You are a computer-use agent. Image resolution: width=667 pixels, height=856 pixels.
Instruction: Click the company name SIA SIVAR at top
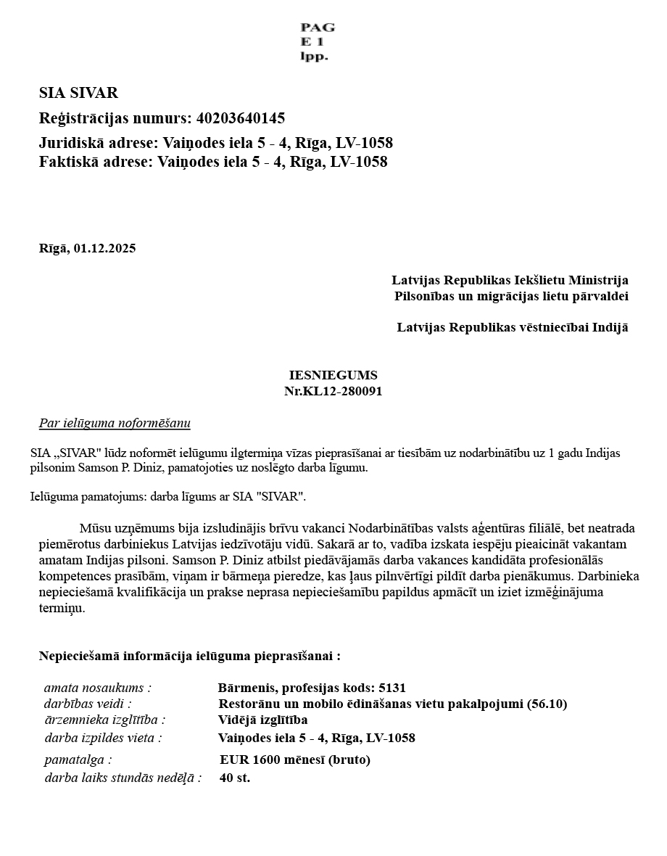pyautogui.click(x=78, y=93)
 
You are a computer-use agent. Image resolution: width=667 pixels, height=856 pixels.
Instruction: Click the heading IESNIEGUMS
pyautogui.click(x=333, y=376)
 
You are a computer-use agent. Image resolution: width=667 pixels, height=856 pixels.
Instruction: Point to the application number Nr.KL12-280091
pyautogui.click(x=333, y=392)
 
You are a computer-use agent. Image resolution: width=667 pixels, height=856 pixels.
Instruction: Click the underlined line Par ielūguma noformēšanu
pyautogui.click(x=115, y=423)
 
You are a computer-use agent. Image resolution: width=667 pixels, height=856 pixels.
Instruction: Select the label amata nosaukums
pyautogui.click(x=98, y=688)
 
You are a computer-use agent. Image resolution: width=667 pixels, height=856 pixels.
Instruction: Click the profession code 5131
pyautogui.click(x=392, y=688)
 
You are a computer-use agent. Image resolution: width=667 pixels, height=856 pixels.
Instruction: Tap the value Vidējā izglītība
pyautogui.click(x=262, y=720)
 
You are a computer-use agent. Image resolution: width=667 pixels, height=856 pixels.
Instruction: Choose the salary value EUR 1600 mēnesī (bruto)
pyautogui.click(x=295, y=760)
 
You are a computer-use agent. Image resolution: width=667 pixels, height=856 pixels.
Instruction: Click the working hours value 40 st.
pyautogui.click(x=235, y=778)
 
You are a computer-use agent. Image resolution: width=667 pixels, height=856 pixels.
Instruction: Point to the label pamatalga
pyautogui.click(x=78, y=760)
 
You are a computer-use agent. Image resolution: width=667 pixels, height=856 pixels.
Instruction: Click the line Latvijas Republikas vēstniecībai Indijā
pyautogui.click(x=512, y=327)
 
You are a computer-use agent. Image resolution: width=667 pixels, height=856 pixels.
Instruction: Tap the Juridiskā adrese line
pyautogui.click(x=216, y=143)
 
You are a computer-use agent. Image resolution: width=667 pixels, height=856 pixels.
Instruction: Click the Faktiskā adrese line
pyautogui.click(x=213, y=162)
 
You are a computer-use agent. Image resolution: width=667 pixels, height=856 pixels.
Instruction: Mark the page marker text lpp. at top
pyautogui.click(x=314, y=57)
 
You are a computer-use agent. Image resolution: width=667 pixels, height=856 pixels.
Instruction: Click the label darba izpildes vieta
pyautogui.click(x=103, y=738)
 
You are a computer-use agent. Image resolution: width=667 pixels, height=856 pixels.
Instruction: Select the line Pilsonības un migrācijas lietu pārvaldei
pyautogui.click(x=511, y=296)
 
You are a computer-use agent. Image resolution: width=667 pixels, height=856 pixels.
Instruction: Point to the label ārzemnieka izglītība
pyautogui.click(x=104, y=720)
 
